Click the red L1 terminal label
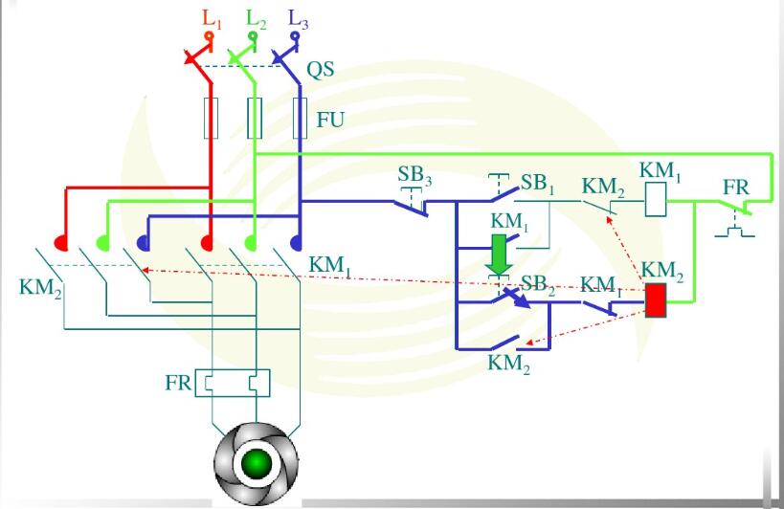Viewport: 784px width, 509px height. tap(212, 19)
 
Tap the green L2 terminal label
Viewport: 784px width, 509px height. tap(256, 19)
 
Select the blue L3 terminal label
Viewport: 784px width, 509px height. tap(299, 19)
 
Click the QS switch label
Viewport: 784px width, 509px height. tap(321, 70)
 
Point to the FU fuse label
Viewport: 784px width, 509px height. tap(330, 120)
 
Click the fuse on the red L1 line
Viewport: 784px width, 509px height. tap(211, 118)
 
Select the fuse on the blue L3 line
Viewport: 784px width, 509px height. tap(300, 118)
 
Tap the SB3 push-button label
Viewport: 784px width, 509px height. tap(414, 175)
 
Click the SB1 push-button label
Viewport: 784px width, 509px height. tap(537, 184)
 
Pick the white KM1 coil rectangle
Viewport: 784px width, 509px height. tap(656, 199)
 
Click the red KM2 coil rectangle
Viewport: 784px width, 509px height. tap(656, 300)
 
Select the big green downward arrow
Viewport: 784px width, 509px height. tap(499, 254)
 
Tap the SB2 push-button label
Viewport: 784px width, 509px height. tap(538, 285)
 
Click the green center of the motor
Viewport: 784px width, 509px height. tap(256, 463)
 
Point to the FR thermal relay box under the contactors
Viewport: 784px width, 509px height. tap(233, 383)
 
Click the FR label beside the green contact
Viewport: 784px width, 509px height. tap(736, 188)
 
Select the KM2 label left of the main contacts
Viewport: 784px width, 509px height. tap(40, 289)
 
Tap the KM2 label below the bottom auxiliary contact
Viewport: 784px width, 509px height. tap(509, 364)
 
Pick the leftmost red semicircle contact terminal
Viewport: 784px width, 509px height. tap(61, 243)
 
